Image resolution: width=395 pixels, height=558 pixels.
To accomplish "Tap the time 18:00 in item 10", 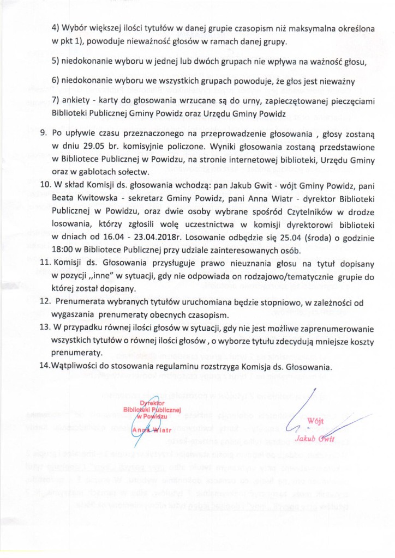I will click(x=63, y=250).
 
